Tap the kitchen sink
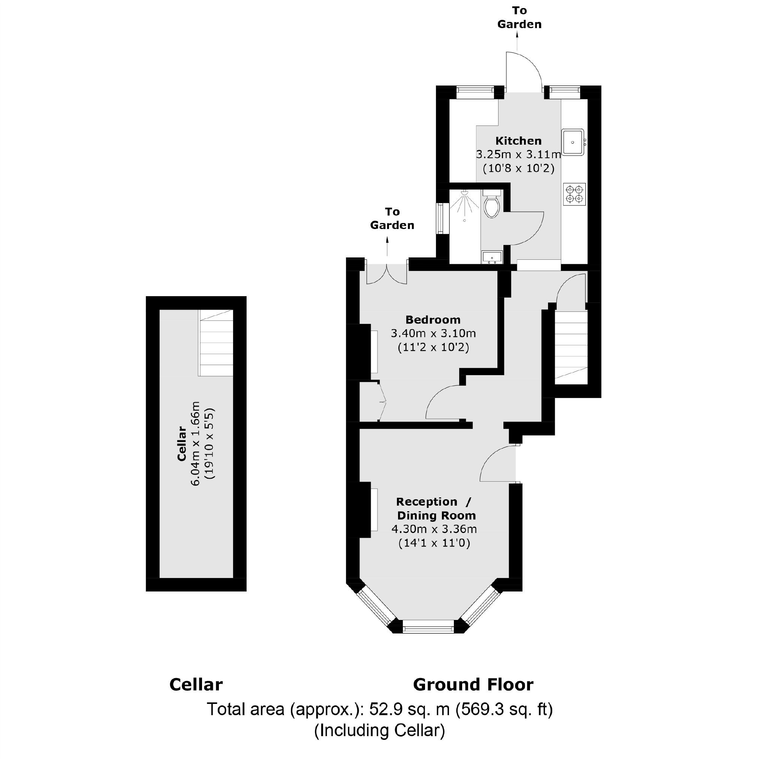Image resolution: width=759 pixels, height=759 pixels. click(x=573, y=142)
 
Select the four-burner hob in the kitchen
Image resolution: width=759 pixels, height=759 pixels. click(x=574, y=195)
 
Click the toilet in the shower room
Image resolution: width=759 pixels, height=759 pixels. click(x=491, y=204)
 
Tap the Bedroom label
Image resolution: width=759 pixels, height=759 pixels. click(x=433, y=320)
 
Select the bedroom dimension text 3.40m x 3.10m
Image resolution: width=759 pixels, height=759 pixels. click(x=433, y=334)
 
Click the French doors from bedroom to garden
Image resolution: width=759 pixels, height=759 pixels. click(x=387, y=274)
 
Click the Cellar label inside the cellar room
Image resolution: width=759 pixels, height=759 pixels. click(x=181, y=443)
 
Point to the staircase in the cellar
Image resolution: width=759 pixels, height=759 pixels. click(x=216, y=343)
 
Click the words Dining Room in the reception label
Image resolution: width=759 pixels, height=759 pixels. click(x=436, y=515)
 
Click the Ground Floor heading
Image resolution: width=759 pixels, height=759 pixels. click(x=473, y=684)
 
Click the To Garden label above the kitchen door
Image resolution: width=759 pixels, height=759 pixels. click(x=519, y=18)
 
